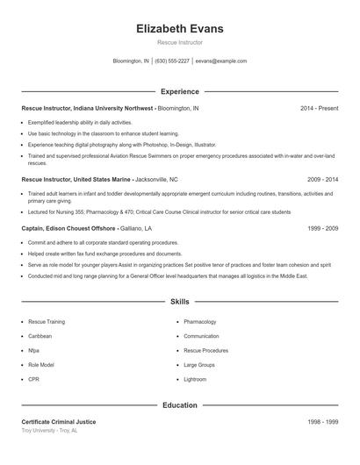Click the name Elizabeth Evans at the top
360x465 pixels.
pos(179,28)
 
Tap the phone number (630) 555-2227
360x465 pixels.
pos(172,61)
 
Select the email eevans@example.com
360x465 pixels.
pos(221,61)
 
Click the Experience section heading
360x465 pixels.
pos(179,91)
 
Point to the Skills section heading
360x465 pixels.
pos(179,301)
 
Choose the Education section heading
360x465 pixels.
pos(179,405)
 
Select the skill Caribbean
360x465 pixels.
pos(40,336)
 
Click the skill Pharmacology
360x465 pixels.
pos(200,322)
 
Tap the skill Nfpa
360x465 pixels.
pos(34,350)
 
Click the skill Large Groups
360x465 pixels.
pos(199,364)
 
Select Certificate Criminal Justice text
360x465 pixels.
pos(59,422)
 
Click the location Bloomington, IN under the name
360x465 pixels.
pos(131,61)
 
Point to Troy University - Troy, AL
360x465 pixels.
pos(49,431)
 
